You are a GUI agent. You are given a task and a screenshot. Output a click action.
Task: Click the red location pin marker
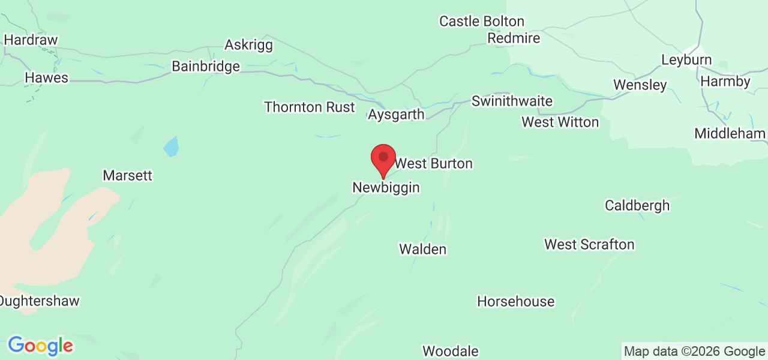click(x=383, y=159)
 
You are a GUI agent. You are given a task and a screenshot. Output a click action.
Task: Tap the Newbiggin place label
click(x=386, y=188)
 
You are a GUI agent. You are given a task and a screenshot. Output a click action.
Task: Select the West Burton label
click(x=433, y=163)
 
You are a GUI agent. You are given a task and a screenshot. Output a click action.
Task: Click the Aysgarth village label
click(x=397, y=115)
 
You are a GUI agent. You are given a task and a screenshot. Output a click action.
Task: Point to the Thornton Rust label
click(x=310, y=107)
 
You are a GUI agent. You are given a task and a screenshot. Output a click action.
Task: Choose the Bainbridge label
click(x=206, y=67)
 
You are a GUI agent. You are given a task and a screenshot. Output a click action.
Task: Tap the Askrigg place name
click(x=248, y=45)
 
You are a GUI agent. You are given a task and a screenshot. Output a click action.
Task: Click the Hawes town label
click(x=46, y=78)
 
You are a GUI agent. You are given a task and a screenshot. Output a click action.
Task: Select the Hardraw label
click(x=31, y=40)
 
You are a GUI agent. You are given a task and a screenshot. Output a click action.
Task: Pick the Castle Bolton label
click(x=482, y=22)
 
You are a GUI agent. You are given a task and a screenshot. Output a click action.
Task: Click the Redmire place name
click(x=514, y=38)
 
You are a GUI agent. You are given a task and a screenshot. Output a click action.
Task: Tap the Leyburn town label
click(x=686, y=60)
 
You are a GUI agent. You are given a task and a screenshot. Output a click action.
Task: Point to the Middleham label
click(x=730, y=133)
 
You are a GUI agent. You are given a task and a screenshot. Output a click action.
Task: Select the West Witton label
click(x=560, y=122)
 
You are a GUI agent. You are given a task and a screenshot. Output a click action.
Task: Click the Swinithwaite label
click(x=512, y=101)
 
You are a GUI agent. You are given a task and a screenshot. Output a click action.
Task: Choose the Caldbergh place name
click(x=637, y=205)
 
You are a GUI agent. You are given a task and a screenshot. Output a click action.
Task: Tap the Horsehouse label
click(x=515, y=301)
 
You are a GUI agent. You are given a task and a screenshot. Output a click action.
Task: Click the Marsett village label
click(x=127, y=176)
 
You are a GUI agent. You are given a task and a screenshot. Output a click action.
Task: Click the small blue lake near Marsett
click(x=171, y=146)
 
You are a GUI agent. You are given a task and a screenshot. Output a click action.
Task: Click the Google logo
click(x=40, y=346)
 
